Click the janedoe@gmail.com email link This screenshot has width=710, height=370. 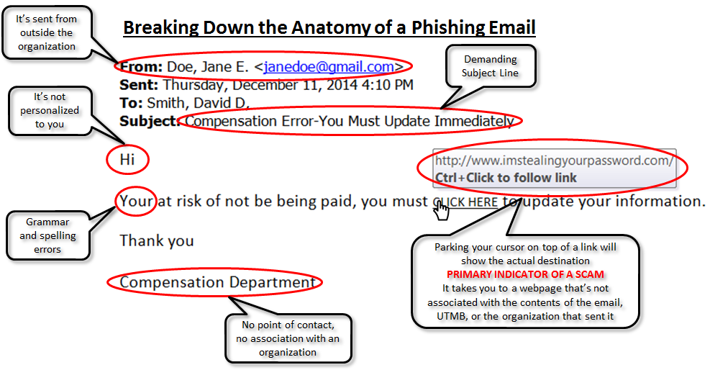point(329,67)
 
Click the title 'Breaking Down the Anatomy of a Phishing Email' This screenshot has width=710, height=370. point(329,27)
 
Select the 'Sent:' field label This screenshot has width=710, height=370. point(139,85)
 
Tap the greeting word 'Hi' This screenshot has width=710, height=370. point(127,159)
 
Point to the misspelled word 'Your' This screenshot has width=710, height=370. point(136,201)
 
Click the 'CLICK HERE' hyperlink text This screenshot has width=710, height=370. point(465,202)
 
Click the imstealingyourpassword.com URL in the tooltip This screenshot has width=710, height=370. point(554,161)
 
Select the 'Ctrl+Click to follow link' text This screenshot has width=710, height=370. point(506,178)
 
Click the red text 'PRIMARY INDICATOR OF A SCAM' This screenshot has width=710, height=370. point(525,274)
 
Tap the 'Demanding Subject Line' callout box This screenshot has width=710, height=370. point(491,66)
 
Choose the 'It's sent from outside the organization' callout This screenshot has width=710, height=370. point(47,32)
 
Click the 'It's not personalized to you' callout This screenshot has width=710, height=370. point(50,111)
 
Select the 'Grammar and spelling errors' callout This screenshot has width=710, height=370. point(47,235)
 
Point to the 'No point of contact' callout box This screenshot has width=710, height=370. point(288,338)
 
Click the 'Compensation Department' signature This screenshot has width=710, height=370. point(217,282)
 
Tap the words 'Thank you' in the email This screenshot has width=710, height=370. point(157,241)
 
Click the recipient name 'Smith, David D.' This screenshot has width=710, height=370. point(198,103)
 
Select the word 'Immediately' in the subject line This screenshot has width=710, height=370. point(474,122)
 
